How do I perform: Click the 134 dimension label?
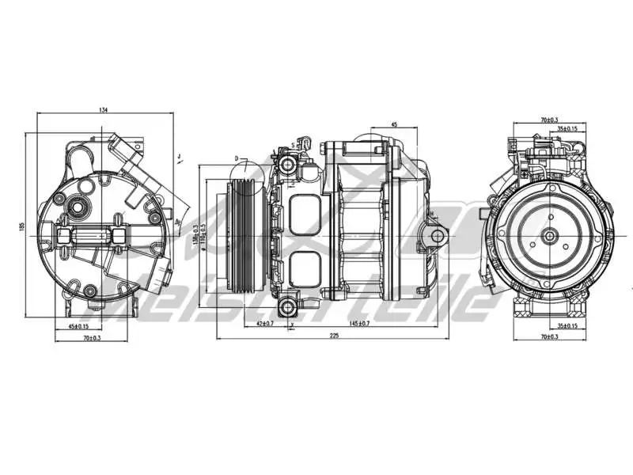pos(104,110)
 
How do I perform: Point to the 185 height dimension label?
pos(21,227)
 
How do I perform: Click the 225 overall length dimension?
pos(333,336)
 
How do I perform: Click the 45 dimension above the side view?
pos(394,124)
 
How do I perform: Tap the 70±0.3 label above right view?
pos(548,120)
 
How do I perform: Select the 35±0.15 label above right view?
pos(567,128)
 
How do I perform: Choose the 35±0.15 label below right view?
pos(567,325)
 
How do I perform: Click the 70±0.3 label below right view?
pos(548,338)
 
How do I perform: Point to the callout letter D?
pos(236,158)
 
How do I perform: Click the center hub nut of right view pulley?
pos(548,234)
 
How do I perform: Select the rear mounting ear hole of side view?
pos(434,235)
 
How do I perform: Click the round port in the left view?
pos(78,209)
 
